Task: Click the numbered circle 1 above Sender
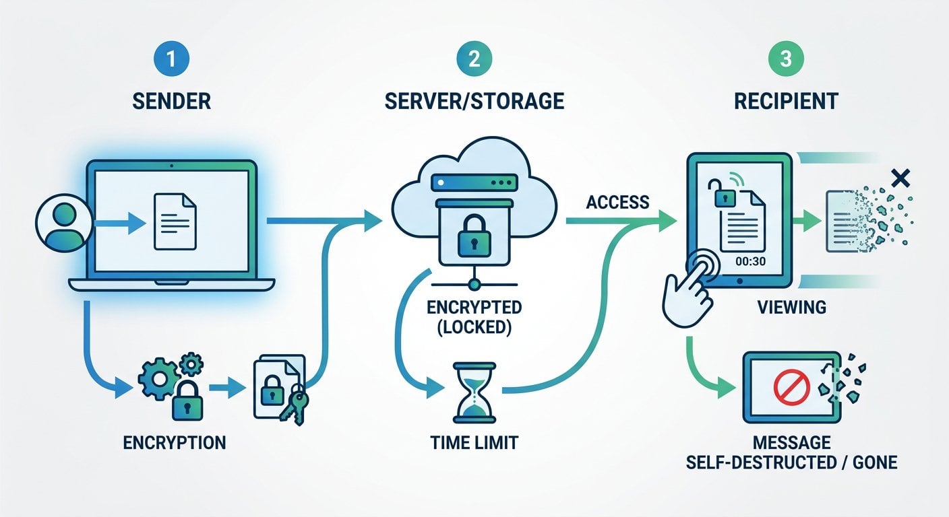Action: (x=171, y=59)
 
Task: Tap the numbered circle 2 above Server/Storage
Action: (x=474, y=59)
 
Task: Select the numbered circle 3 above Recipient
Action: (x=785, y=59)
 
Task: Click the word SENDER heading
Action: (x=171, y=101)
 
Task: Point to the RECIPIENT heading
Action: (x=785, y=101)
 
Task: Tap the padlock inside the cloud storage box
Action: (x=474, y=236)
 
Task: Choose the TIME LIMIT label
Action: (x=474, y=443)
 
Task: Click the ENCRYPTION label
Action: (x=174, y=443)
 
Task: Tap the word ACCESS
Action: (x=617, y=202)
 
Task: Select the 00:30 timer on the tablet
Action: (x=751, y=262)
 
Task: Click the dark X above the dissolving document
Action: (x=900, y=178)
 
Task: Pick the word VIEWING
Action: (x=791, y=308)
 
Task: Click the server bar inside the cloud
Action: (x=474, y=183)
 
